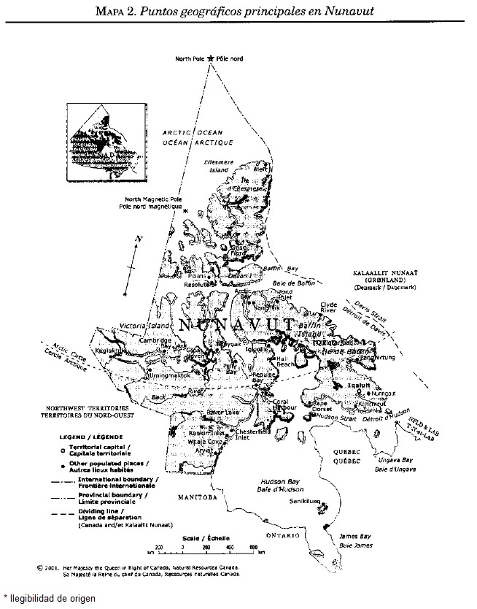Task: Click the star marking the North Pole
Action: (x=211, y=58)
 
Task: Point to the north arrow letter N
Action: (x=139, y=239)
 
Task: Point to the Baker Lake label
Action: (x=223, y=413)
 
